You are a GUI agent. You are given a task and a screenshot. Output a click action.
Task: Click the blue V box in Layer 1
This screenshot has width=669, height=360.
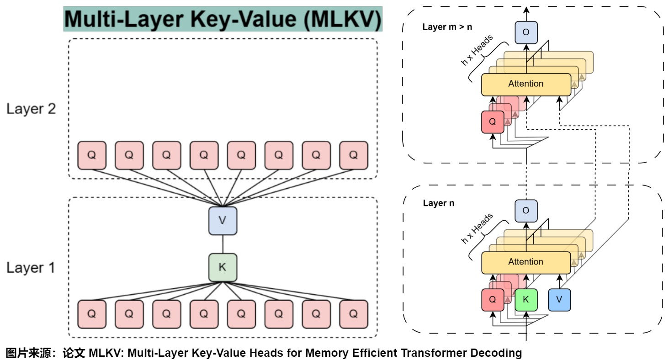tap(223, 221)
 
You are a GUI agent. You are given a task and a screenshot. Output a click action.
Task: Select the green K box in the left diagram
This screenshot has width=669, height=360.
tap(223, 267)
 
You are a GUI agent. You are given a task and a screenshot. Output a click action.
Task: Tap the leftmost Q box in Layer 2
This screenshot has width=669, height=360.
tap(91, 155)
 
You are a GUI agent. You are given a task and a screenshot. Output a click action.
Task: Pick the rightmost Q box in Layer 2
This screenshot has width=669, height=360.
tap(353, 155)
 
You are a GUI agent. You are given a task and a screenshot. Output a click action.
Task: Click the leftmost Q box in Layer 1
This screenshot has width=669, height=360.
tap(91, 314)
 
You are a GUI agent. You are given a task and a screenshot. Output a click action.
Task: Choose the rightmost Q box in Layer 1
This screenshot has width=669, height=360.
tap(353, 314)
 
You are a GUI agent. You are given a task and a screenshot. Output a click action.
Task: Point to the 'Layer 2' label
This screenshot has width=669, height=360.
tap(31, 109)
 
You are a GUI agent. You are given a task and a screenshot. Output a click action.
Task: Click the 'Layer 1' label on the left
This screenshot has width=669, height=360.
tap(31, 268)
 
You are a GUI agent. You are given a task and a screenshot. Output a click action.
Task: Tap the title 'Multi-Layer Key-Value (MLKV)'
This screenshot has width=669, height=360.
tap(223, 20)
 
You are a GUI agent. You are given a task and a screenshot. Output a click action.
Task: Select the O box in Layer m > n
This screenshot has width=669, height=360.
tap(526, 32)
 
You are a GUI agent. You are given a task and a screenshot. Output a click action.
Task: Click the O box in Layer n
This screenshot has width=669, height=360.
tap(526, 211)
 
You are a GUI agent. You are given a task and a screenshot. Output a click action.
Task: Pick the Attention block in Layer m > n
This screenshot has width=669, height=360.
tap(526, 84)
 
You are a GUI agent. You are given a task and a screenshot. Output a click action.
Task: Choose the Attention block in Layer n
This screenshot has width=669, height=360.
tap(526, 262)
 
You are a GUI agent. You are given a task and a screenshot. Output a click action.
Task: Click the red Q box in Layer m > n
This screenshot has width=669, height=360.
tap(493, 122)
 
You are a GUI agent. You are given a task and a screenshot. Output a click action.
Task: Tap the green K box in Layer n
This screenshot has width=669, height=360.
tap(526, 300)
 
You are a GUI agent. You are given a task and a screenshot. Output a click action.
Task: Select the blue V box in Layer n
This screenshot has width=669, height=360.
tap(559, 300)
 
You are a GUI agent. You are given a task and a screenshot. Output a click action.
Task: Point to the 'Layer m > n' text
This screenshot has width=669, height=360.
tap(447, 27)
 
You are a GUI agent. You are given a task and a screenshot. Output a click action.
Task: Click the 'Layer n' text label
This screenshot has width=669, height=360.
tap(439, 203)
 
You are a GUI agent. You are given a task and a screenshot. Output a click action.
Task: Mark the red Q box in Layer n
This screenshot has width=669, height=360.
tap(493, 300)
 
